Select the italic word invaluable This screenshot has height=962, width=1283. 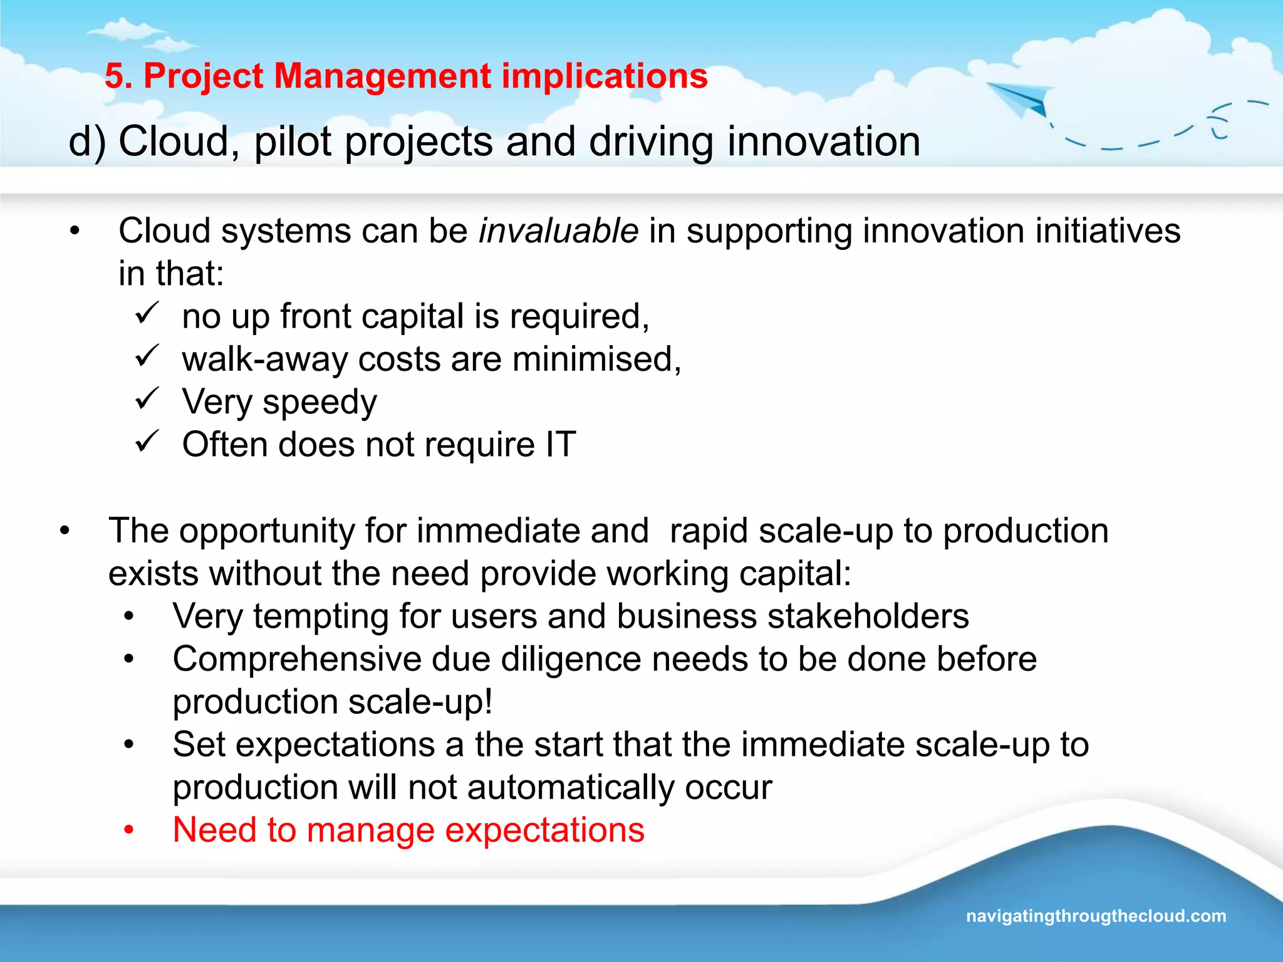click(x=558, y=231)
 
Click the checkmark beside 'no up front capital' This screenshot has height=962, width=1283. click(x=147, y=313)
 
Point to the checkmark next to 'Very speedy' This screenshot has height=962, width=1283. click(x=147, y=399)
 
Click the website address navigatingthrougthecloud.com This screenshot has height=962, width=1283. click(x=1096, y=916)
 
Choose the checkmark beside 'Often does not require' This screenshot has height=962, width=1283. click(x=147, y=442)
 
